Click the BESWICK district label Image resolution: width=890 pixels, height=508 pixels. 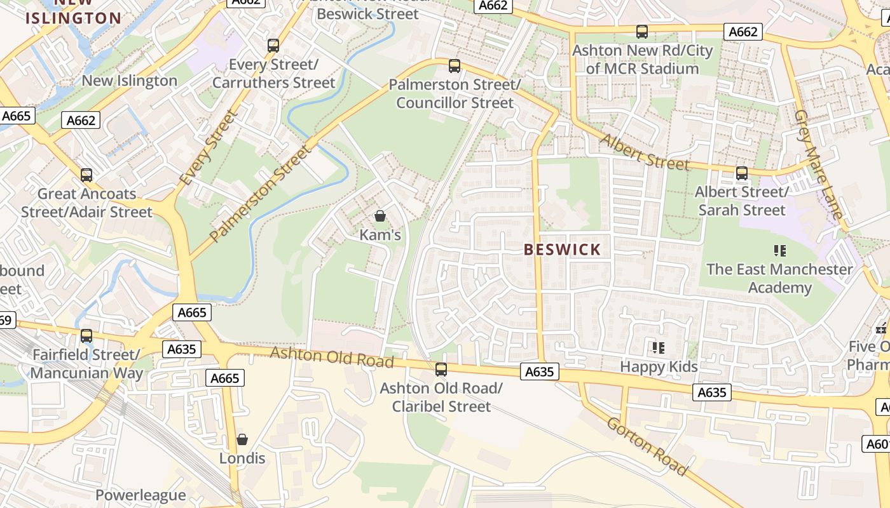click(x=562, y=250)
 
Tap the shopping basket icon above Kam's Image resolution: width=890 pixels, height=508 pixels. click(x=380, y=216)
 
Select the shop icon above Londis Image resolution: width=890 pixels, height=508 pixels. click(x=242, y=439)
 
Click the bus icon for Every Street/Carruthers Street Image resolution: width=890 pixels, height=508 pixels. click(x=273, y=46)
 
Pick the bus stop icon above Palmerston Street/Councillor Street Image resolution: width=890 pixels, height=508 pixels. click(x=455, y=65)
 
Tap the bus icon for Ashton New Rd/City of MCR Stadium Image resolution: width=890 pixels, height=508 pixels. click(x=642, y=31)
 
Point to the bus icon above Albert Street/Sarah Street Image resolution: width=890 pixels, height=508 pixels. click(x=741, y=173)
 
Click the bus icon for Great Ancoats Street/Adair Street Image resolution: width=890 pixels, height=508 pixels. click(x=86, y=175)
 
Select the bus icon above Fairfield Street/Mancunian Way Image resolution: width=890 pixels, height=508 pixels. click(x=86, y=335)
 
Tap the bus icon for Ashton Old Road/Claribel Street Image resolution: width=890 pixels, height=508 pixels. click(x=441, y=369)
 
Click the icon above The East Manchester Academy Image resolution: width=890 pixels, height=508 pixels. click(x=780, y=250)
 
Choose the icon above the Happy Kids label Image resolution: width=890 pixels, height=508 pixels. click(x=659, y=347)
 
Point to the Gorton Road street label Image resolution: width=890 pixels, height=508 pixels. click(x=647, y=446)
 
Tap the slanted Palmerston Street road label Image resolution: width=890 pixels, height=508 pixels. click(x=261, y=194)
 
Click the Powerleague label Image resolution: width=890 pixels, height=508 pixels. click(x=140, y=495)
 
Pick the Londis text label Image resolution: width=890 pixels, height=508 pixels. click(x=242, y=458)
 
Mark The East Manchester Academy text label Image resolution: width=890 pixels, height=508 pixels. click(x=779, y=278)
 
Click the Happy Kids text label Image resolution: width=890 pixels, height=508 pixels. click(x=659, y=366)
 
